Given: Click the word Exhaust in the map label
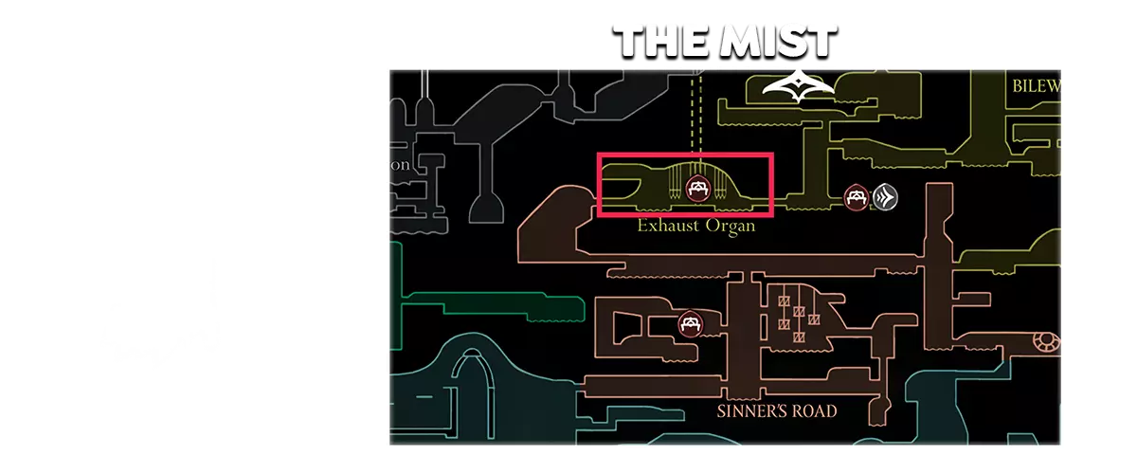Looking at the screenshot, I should [667, 227].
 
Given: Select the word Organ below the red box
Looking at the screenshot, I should [730, 227].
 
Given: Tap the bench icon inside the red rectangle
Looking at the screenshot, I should [699, 188].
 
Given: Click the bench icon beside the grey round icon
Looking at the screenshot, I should [857, 197].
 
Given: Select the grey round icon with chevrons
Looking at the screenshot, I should [885, 197].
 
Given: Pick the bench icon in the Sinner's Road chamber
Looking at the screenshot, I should [691, 323].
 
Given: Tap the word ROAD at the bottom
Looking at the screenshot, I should [817, 411].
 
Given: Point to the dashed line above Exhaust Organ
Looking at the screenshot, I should [698, 114].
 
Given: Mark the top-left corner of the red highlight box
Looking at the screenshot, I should [597, 155].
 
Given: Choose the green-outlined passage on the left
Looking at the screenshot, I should [493, 307].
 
